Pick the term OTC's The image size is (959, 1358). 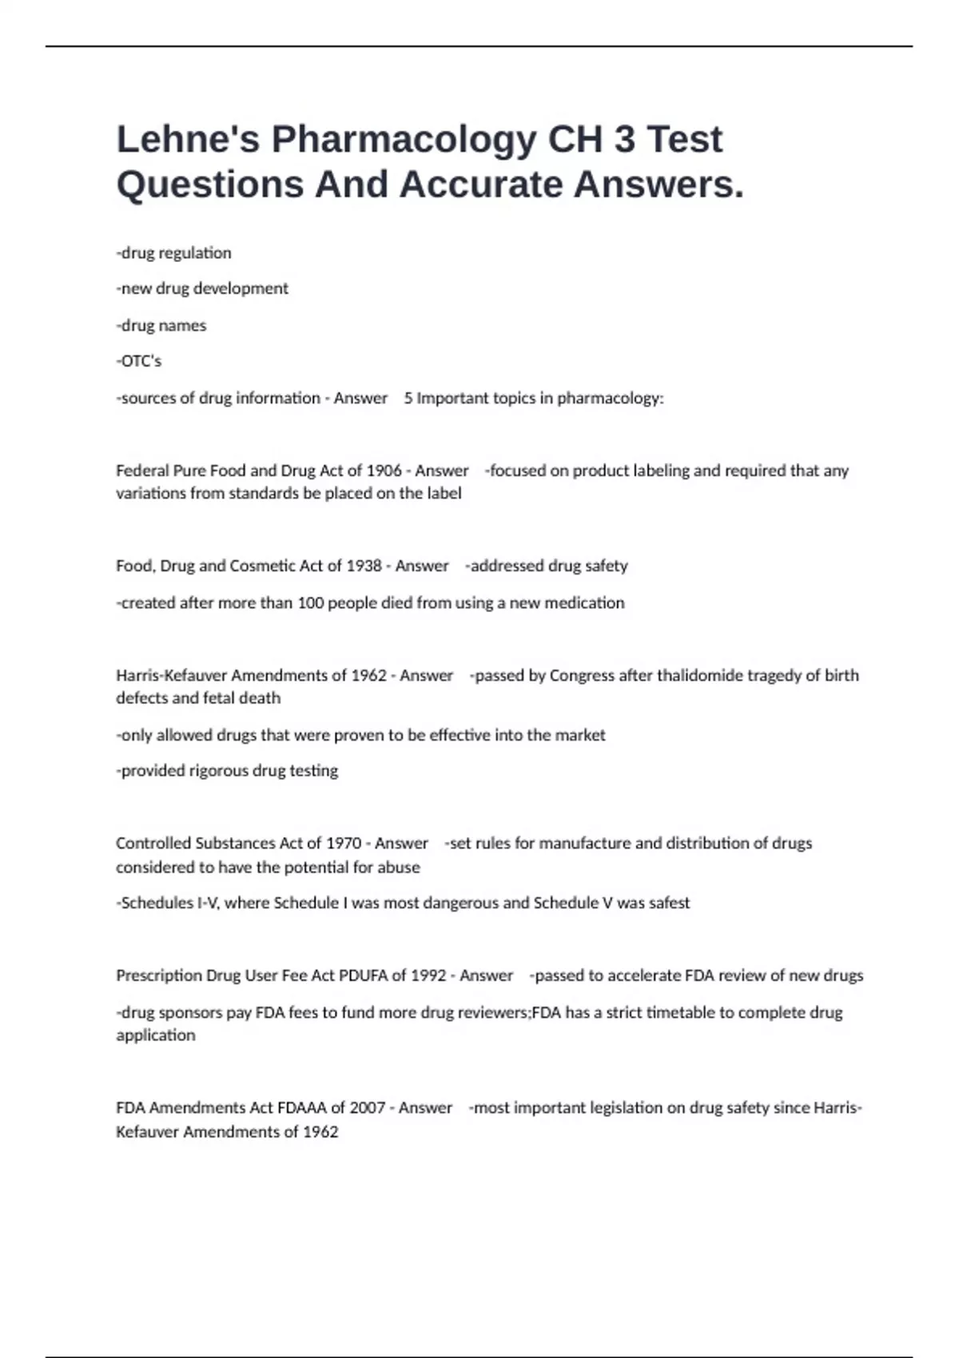(139, 361)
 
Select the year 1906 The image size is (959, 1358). (384, 471)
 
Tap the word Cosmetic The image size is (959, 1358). (263, 566)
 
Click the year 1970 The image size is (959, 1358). (343, 844)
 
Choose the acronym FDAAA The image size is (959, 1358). (302, 1108)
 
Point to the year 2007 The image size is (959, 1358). (368, 1108)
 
